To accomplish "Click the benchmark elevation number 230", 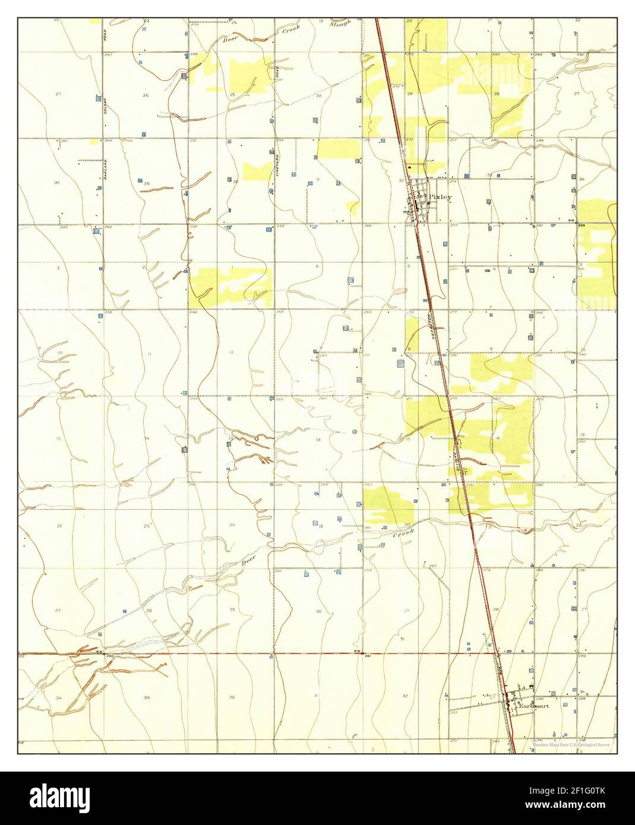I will click(110, 656).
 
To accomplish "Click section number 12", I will click(231, 353).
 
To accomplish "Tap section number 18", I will click(318, 439).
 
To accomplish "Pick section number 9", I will click(491, 348).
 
